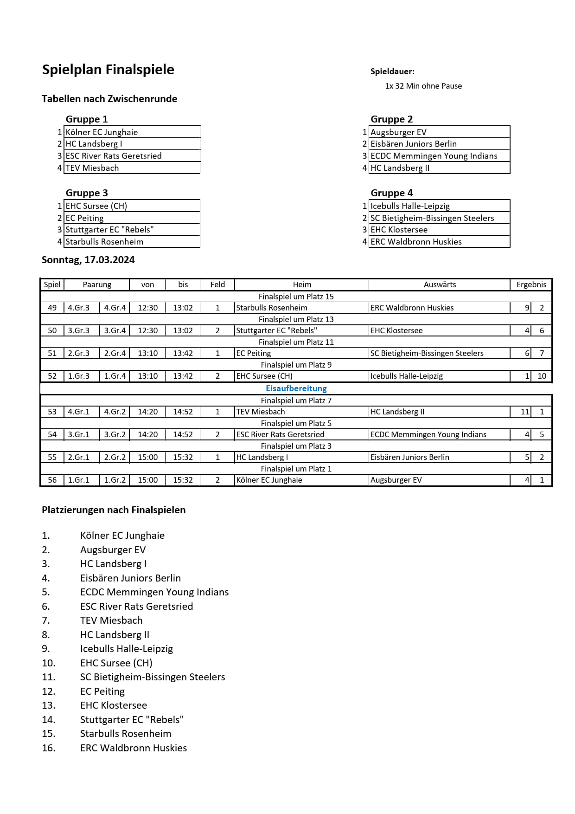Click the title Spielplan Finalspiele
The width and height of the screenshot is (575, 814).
pos(108,70)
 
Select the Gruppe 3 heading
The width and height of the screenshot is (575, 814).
pos(87,193)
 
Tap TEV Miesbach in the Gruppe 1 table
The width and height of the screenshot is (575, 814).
pos(92,168)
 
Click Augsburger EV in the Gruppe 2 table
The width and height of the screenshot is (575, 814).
pos(398,132)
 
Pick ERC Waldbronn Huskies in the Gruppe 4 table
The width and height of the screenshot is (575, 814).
pos(416,242)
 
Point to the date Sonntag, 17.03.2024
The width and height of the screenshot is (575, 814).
pos(88,260)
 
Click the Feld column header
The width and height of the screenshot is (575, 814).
pos(217,284)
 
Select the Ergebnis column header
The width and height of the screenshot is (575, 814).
pos(531,284)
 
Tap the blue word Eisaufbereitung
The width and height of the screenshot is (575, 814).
pos(296,388)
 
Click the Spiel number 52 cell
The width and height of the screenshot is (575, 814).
pos(52,376)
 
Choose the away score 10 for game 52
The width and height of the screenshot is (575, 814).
pos(542,376)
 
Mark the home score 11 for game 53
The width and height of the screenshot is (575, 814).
pos(524,412)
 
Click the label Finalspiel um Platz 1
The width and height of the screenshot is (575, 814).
pos(296,469)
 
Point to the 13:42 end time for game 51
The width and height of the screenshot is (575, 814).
pos(183,353)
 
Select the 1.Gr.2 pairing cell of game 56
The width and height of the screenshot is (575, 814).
pos(115,480)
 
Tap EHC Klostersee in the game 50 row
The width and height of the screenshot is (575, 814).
pos(396,330)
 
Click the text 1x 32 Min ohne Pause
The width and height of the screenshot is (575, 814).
pos(423,86)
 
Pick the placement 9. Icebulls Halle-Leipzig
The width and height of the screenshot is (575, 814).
pos(126,649)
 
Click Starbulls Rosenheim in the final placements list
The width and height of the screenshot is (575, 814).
pos(126,734)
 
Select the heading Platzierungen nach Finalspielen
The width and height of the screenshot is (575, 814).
pos(114,510)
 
